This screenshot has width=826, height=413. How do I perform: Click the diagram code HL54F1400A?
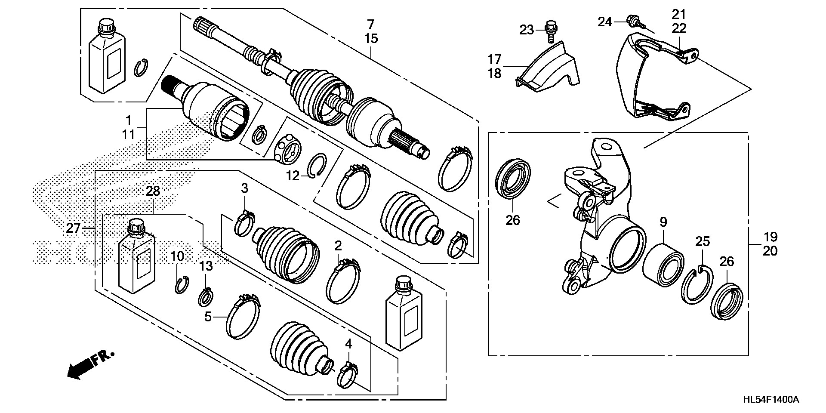point(771,400)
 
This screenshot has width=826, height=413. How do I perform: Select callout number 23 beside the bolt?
point(526,30)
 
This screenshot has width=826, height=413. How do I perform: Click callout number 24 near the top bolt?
point(605,21)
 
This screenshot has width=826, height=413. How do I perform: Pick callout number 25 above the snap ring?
point(703,241)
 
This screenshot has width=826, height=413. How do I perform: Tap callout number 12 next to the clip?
point(293,176)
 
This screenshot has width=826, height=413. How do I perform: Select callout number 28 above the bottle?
point(153,191)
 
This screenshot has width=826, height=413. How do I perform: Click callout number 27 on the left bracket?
point(73,228)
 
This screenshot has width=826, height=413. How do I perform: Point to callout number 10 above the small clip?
point(177,257)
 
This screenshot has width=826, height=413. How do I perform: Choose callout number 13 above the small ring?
point(206,266)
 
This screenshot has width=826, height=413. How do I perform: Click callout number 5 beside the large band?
point(208,317)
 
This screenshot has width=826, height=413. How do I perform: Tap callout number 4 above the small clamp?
point(348,344)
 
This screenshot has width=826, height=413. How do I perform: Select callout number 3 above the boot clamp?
point(244,188)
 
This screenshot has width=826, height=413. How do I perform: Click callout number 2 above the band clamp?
point(339,246)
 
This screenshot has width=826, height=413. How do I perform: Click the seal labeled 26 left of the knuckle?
point(513,179)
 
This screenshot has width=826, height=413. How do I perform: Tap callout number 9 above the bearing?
point(663,222)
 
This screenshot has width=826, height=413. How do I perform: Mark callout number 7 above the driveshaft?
point(371,24)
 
